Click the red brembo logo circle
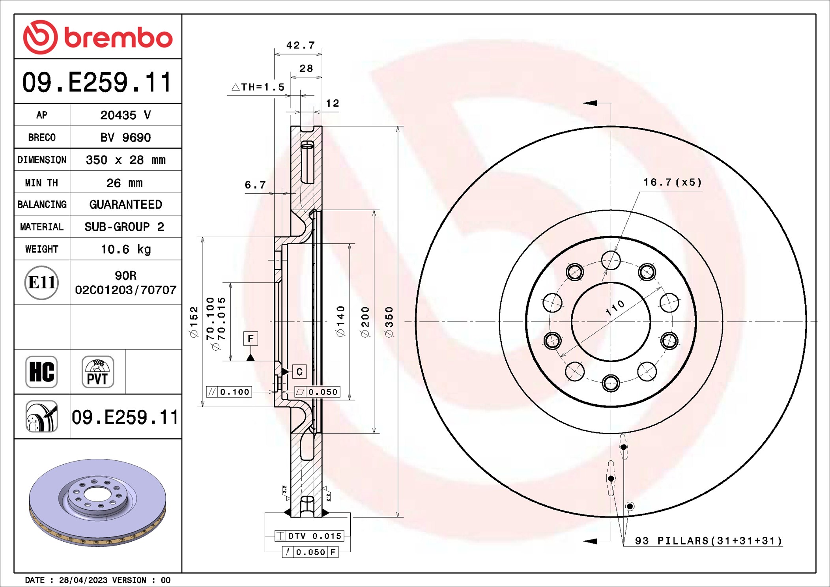[x=40, y=37]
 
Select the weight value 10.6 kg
[x=125, y=249]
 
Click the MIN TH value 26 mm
[x=124, y=183]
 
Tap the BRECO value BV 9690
[x=125, y=137]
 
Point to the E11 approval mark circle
[x=41, y=282]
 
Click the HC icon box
[x=41, y=372]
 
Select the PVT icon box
[x=98, y=372]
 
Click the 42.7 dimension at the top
[x=300, y=45]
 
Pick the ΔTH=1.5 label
[x=258, y=87]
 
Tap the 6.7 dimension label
[x=255, y=185]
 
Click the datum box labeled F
[x=250, y=338]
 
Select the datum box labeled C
[x=299, y=372]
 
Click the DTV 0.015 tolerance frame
[x=310, y=536]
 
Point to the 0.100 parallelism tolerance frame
[x=229, y=392]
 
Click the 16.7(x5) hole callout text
[x=673, y=182]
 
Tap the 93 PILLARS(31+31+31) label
[x=708, y=540]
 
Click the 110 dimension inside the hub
[x=615, y=308]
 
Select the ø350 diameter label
[x=389, y=322]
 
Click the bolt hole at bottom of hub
[x=611, y=383]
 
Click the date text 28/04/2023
[x=83, y=580]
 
